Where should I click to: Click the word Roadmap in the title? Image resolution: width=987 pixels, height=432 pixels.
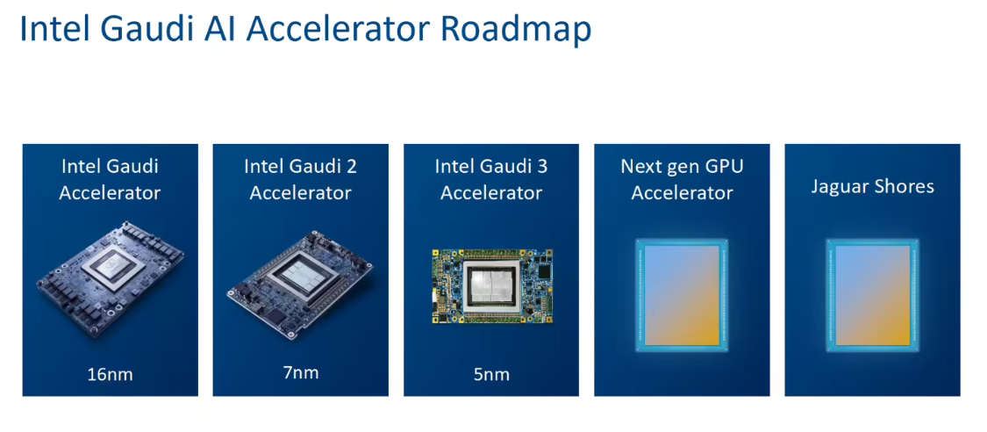(x=516, y=29)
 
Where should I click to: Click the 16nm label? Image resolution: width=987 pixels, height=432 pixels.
(x=110, y=374)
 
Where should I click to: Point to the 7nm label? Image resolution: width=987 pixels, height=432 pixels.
(x=300, y=372)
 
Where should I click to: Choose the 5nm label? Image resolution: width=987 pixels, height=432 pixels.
(x=490, y=374)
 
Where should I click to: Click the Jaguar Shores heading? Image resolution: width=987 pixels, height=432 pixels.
(x=872, y=186)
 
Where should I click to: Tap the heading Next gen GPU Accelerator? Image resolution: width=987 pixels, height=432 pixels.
(x=682, y=179)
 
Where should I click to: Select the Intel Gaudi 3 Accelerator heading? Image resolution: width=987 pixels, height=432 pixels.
(x=490, y=179)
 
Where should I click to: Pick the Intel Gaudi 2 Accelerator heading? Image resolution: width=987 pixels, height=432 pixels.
(x=300, y=179)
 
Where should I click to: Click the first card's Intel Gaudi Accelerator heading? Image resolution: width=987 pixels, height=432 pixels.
(x=110, y=179)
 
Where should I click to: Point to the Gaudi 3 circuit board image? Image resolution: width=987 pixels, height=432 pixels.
(x=490, y=286)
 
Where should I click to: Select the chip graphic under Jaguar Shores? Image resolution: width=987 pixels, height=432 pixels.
(x=872, y=295)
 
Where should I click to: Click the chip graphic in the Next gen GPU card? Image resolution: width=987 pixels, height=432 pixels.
(x=682, y=295)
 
